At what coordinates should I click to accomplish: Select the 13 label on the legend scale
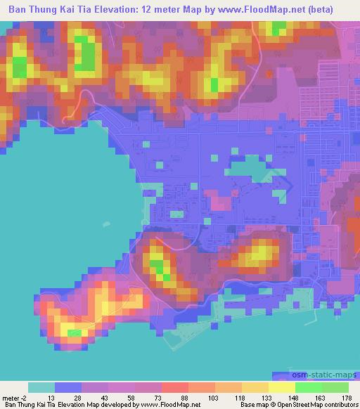[x=51, y=397]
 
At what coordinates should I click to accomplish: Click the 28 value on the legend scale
[x=77, y=397]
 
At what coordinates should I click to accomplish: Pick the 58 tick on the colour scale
[x=131, y=397]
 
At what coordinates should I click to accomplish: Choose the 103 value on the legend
[x=210, y=397]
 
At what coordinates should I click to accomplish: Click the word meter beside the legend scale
[x=11, y=397]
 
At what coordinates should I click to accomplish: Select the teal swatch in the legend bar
[x=41, y=387]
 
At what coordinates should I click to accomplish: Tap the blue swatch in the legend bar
[x=68, y=387]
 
